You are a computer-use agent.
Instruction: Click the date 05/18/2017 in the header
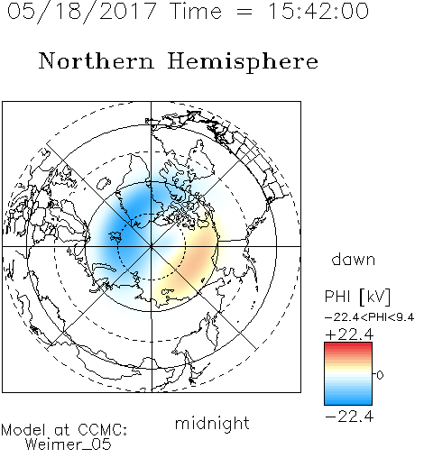(x=82, y=12)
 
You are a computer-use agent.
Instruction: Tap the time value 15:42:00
(x=318, y=11)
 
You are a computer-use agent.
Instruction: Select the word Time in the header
(x=196, y=11)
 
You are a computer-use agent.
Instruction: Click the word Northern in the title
(x=97, y=60)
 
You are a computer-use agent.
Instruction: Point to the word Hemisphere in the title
(x=243, y=62)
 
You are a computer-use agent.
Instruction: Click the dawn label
(x=354, y=259)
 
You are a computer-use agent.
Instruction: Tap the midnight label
(x=212, y=423)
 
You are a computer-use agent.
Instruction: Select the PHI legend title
(x=337, y=297)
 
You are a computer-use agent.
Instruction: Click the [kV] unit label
(x=375, y=297)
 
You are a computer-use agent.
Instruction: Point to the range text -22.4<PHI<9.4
(x=370, y=317)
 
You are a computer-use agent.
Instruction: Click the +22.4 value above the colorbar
(x=349, y=334)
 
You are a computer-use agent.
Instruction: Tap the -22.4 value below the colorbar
(x=349, y=417)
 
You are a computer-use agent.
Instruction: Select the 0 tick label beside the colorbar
(x=380, y=375)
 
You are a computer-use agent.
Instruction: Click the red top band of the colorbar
(x=348, y=345)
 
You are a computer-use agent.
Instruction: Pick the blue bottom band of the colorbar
(x=348, y=401)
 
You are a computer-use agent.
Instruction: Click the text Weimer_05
(x=69, y=444)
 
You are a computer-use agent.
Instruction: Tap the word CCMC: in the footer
(x=103, y=430)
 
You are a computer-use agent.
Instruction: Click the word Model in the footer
(x=23, y=430)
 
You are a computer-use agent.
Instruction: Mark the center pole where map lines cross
(x=152, y=246)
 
